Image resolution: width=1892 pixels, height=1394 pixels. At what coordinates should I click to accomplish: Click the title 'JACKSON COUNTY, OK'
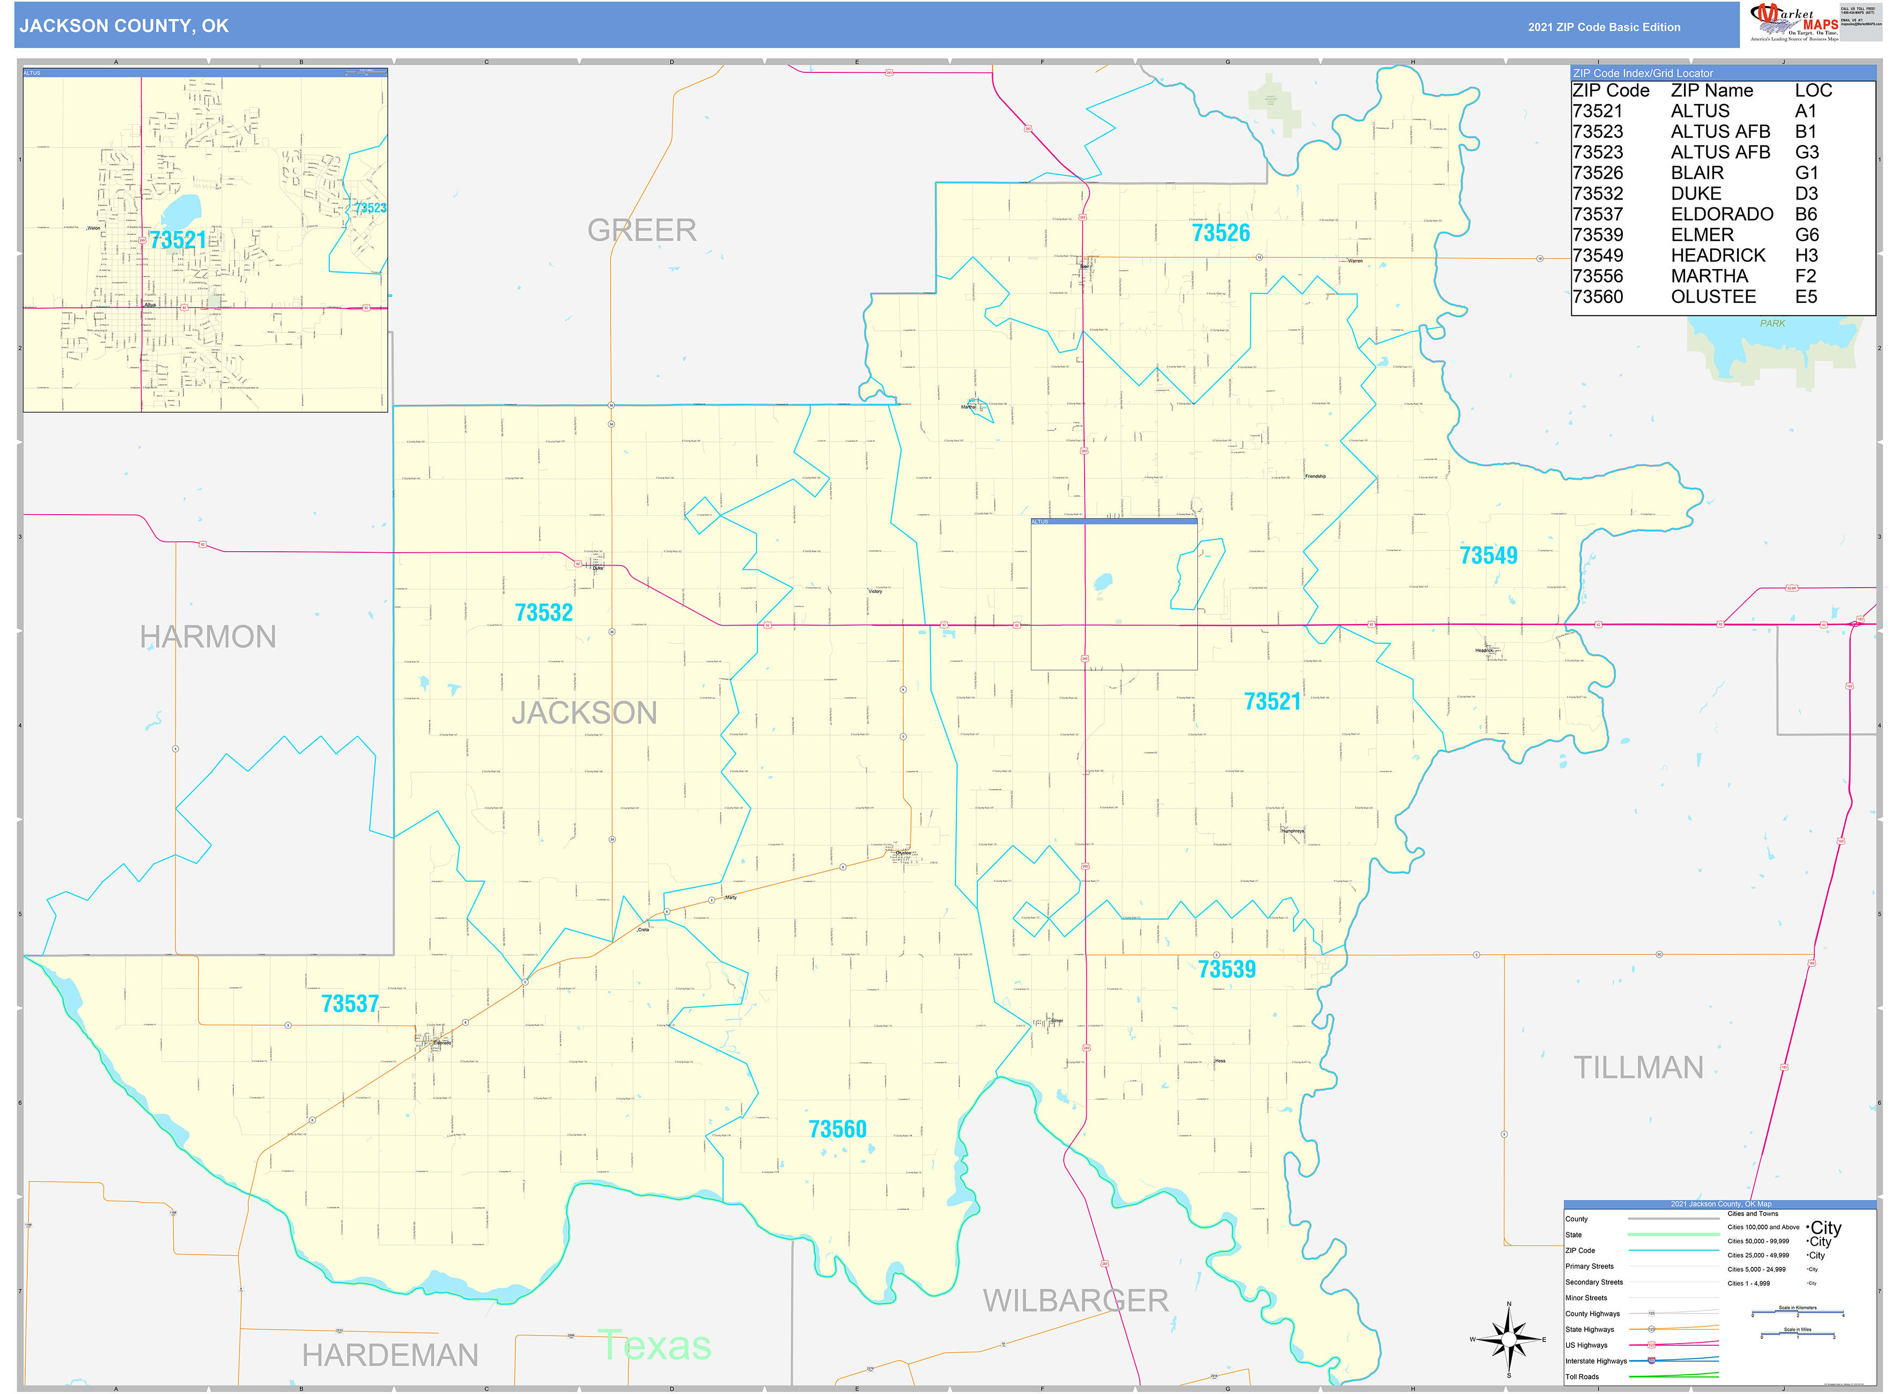click(x=124, y=26)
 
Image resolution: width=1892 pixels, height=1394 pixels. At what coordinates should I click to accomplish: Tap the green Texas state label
click(x=654, y=1345)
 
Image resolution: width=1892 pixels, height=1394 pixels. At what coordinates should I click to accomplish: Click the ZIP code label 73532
click(x=544, y=613)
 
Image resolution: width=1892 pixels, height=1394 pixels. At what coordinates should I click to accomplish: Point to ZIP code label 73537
click(x=350, y=1004)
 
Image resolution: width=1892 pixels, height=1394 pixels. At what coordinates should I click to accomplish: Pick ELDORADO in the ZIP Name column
click(x=1722, y=214)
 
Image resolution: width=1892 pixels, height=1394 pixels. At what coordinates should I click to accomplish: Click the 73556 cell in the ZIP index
click(x=1598, y=277)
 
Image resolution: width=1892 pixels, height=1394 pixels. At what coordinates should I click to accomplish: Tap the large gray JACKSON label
click(x=584, y=713)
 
